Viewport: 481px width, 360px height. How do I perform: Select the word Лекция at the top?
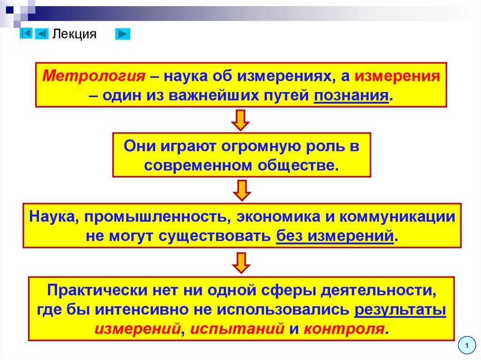74,34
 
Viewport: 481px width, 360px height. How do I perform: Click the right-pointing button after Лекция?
123,34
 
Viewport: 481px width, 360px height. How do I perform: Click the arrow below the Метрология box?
240,120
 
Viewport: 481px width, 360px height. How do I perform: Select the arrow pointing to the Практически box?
240,262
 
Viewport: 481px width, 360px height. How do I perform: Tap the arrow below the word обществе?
240,190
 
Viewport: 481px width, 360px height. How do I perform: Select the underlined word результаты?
400,310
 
